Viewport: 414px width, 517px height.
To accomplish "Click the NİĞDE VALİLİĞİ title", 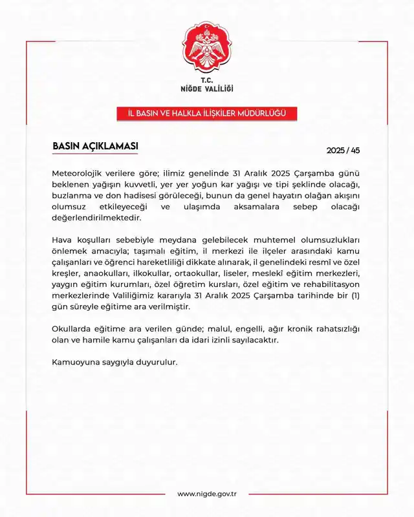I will tap(206, 89).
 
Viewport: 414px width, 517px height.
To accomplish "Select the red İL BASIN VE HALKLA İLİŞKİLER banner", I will tap(206, 114).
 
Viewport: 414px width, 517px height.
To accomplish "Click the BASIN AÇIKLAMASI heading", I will tap(94, 146).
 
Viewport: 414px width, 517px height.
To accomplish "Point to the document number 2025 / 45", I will tap(343, 151).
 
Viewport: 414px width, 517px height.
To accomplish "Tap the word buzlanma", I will tap(72, 195).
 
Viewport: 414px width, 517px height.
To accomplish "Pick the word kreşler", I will tap(66, 273).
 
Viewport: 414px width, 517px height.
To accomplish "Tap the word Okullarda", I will tap(73, 328).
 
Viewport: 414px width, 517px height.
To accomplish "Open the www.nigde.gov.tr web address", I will tap(207, 494).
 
